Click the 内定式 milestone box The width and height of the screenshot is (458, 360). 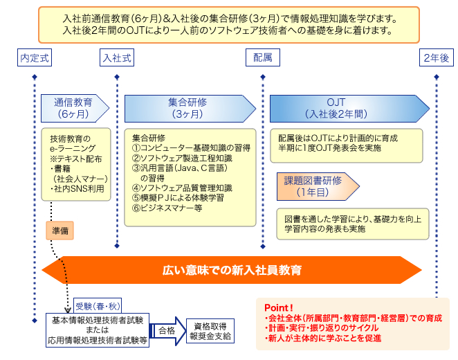[34, 58]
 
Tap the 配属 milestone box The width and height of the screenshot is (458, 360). [262, 58]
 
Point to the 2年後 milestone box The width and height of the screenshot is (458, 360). [436, 58]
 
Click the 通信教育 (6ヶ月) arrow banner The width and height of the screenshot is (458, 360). [72, 107]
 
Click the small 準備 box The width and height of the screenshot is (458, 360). [60, 229]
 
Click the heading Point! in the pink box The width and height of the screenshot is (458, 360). [279, 307]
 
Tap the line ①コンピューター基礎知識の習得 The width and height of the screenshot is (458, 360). [190, 147]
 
